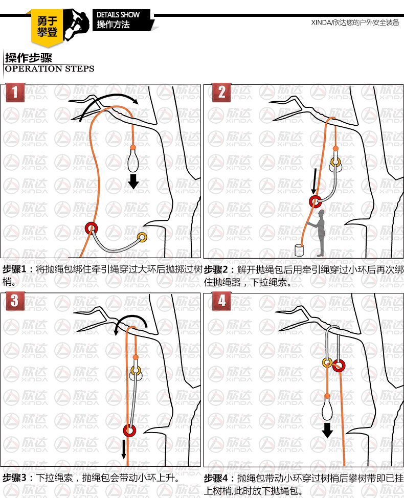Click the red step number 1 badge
click(x=15, y=92)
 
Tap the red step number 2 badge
click(x=221, y=92)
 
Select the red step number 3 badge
click(x=15, y=301)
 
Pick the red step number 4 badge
click(x=221, y=301)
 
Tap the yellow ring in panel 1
click(x=139, y=237)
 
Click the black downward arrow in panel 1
click(x=133, y=182)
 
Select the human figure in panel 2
click(x=320, y=234)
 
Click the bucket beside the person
click(x=300, y=250)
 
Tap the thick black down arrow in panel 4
click(x=327, y=430)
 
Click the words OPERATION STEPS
click(x=50, y=69)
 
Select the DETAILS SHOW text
click(x=118, y=15)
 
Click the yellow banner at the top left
click(x=47, y=27)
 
